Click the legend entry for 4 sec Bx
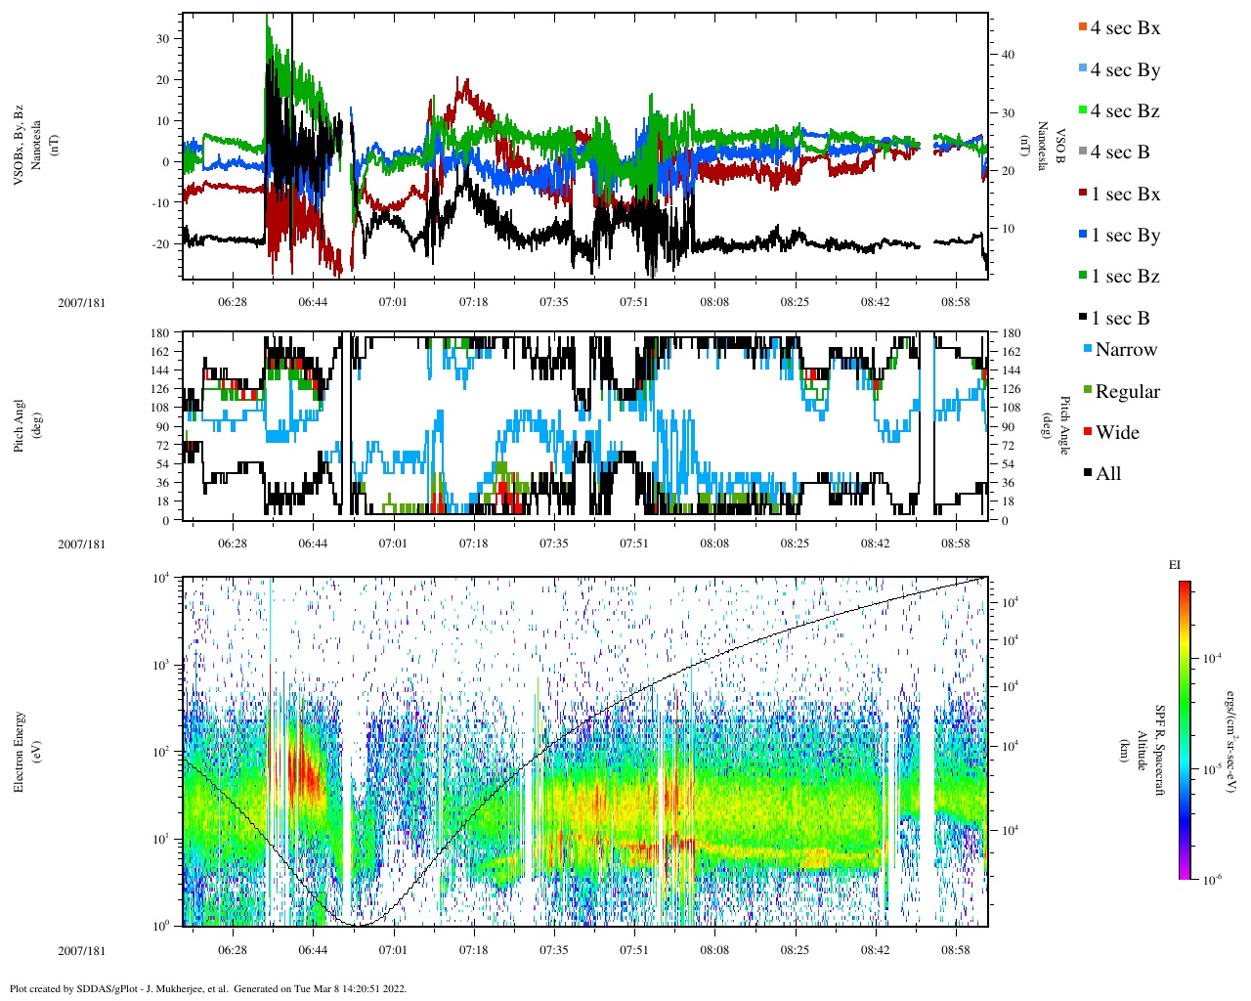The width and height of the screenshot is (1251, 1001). point(1124,28)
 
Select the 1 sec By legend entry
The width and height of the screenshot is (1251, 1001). point(1125,236)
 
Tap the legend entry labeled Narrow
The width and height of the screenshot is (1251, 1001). point(1125,350)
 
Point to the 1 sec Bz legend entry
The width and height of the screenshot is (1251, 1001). point(1125,277)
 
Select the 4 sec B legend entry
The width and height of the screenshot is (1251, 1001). point(1119,152)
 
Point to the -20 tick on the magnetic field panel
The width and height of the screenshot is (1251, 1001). point(159,244)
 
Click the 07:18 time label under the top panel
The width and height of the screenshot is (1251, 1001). point(473,302)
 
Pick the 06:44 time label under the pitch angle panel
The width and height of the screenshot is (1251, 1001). point(313,544)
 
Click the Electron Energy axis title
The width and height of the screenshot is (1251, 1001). point(20,753)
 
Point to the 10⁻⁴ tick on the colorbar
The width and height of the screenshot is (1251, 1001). point(1213,658)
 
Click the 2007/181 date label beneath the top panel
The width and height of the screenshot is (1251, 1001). point(82,302)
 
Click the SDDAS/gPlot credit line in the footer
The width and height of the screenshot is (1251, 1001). point(207,988)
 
